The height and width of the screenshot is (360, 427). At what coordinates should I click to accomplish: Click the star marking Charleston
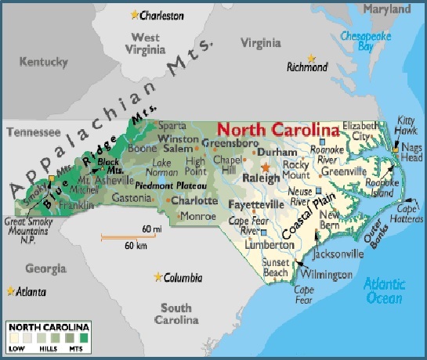pos(134,15)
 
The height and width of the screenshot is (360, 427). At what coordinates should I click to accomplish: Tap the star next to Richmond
pos(311,57)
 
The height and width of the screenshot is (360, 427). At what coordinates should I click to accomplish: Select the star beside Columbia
pos(159,277)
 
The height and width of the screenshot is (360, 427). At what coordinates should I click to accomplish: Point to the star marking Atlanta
pos(10,291)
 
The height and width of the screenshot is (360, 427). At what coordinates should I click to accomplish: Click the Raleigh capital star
pos(266,167)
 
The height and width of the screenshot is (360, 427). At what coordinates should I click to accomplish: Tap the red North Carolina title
pos(278,129)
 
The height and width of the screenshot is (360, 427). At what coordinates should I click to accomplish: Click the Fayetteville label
pos(255,204)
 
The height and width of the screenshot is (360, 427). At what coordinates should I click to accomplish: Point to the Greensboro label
pos(230,143)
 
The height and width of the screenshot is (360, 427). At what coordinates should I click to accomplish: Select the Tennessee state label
pos(34,132)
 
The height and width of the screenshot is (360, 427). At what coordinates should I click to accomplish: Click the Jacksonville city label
pos(337,254)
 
